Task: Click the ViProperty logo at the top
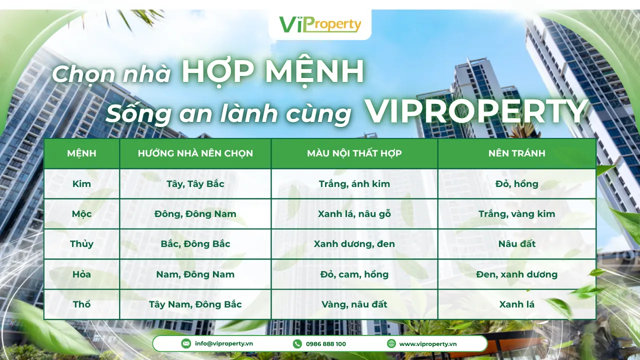pos(320,24)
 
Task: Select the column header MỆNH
pos(81,153)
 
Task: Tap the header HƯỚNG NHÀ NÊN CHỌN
pos(195,153)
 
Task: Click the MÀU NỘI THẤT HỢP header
pos(354,153)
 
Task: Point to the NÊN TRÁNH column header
pos(516,153)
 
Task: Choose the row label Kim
pos(81,184)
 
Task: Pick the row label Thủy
pos(81,244)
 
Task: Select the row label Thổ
pos(81,304)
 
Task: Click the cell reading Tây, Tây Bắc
pos(195,184)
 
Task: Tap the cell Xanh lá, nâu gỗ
pos(354,214)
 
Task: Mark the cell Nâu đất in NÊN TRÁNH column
pos(516,244)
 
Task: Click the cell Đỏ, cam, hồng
pos(354,274)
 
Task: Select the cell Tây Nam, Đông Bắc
pos(195,304)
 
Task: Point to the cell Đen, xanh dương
pos(516,274)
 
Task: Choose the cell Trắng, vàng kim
pos(516,214)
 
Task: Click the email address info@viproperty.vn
pos(223,344)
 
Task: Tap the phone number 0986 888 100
pos(325,344)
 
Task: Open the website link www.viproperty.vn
pos(427,344)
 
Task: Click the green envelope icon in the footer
pos(186,343)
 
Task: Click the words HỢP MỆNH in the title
pos(272,72)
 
